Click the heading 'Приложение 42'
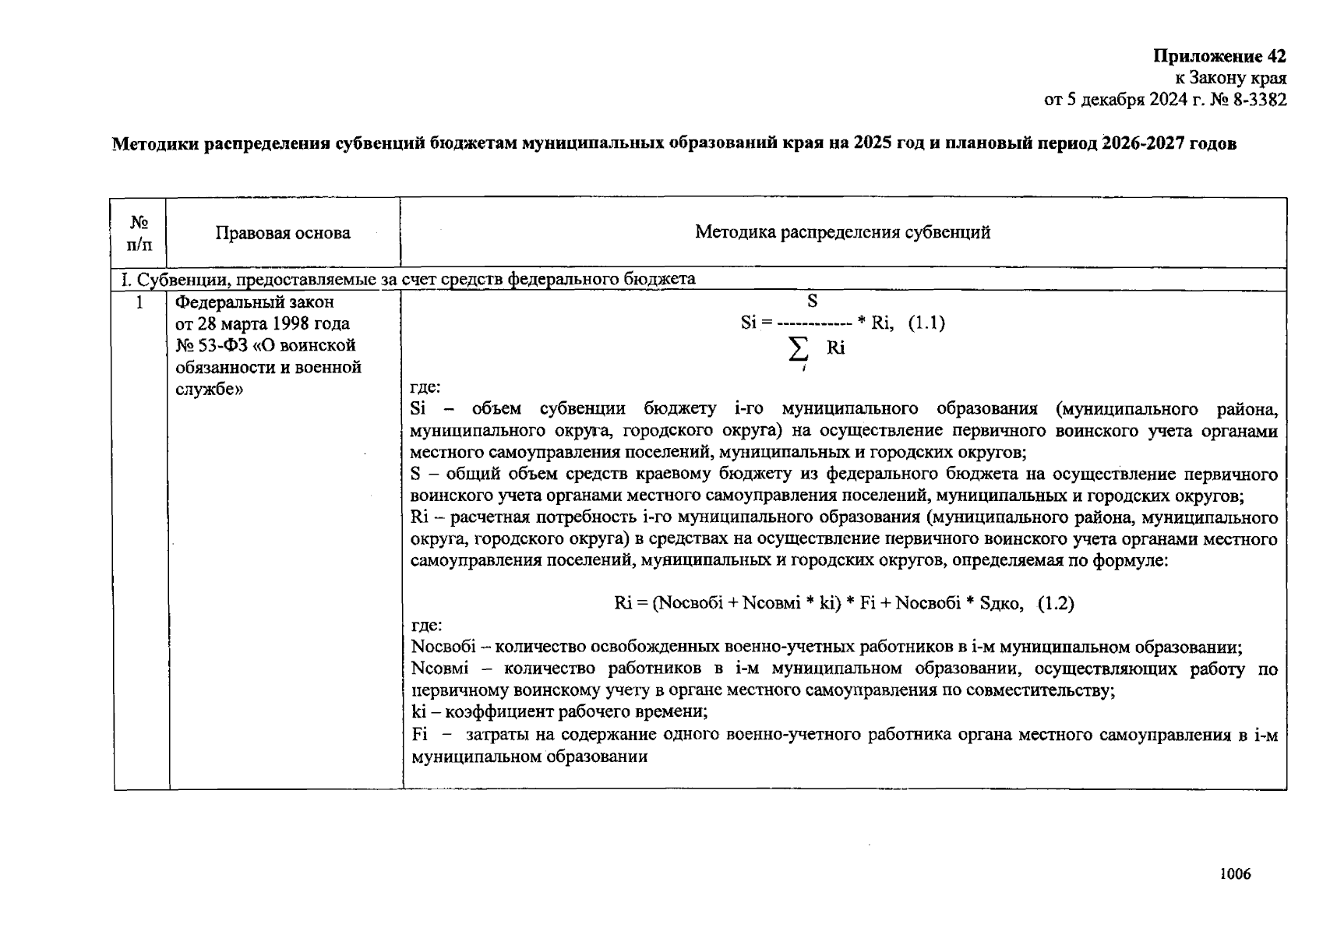click(1219, 56)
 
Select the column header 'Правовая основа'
click(283, 233)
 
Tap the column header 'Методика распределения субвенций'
click(842, 232)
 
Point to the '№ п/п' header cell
click(140, 233)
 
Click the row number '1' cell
click(140, 302)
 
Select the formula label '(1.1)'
click(926, 323)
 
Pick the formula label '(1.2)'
click(1056, 603)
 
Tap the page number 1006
click(1235, 873)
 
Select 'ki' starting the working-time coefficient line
click(417, 712)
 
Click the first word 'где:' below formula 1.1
click(425, 387)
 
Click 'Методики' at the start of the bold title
click(154, 144)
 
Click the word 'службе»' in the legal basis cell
click(208, 389)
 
